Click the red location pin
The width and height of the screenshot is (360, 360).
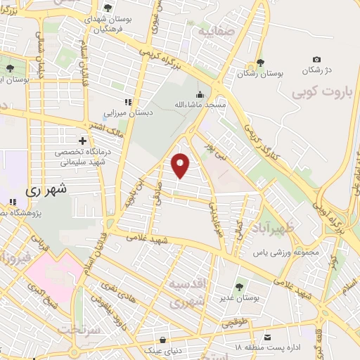pos(181,164)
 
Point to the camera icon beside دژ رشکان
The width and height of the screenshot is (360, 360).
pos(316,60)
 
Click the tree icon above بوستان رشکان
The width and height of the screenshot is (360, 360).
pos(261,62)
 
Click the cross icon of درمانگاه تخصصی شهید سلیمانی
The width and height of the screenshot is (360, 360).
pos(84,141)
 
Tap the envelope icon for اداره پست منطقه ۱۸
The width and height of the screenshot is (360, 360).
pos(268,337)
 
